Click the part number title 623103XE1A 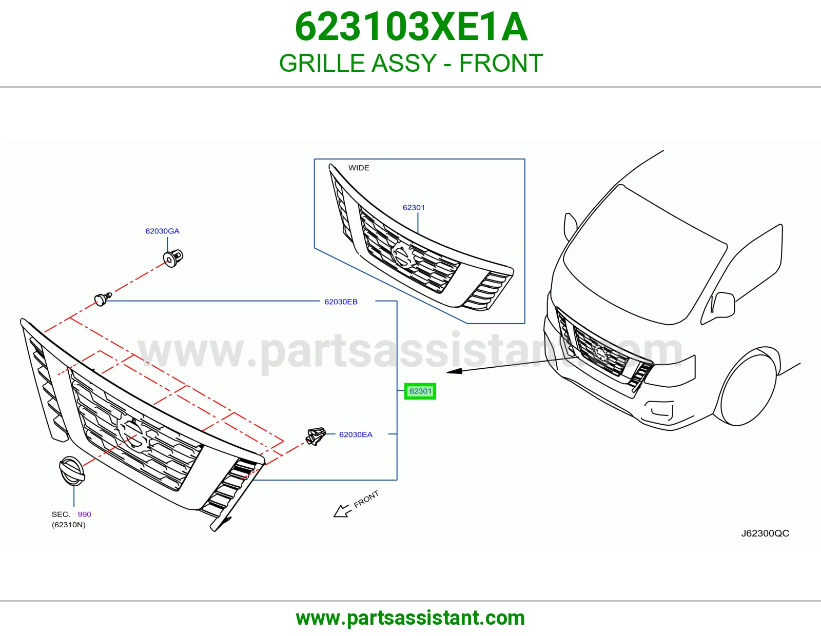coord(411,27)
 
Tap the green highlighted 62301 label coord(420,391)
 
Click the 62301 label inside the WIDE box coord(414,207)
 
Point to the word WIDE coord(359,168)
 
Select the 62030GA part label coord(163,231)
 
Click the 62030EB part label coord(341,302)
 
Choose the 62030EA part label coord(356,435)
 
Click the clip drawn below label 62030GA coord(173,258)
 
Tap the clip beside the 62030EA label coord(316,436)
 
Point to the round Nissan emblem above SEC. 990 coord(72,470)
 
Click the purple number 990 coord(84,514)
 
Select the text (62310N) coord(68,525)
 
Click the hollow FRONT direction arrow coord(342,511)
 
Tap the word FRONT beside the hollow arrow coord(366,499)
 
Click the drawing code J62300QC coord(765,533)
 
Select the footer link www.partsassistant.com coord(411,618)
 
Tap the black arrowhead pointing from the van coord(455,371)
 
